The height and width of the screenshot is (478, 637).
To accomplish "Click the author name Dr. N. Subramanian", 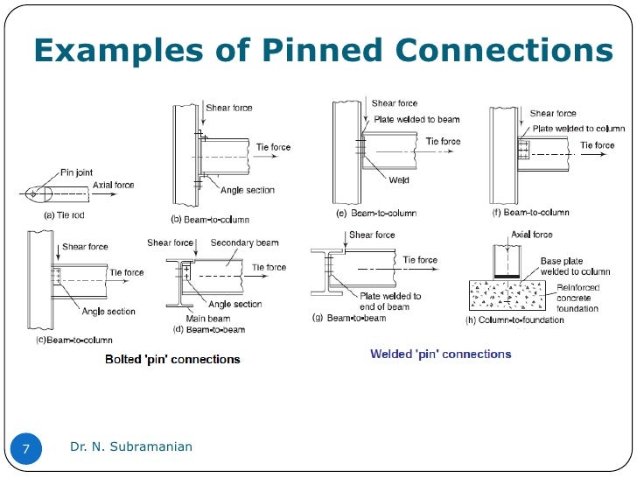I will [131, 447].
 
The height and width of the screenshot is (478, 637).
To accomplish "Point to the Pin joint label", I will [76, 173].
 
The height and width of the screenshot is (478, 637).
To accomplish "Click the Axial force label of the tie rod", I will [115, 185].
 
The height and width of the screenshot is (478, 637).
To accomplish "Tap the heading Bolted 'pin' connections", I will [172, 359].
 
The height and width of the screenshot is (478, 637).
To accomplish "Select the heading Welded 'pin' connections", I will [440, 354].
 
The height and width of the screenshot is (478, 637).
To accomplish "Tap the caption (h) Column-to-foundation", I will [514, 320].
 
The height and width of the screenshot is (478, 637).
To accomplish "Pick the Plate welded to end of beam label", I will [390, 300].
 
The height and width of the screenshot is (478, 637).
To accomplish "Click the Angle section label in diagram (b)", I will [248, 191].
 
